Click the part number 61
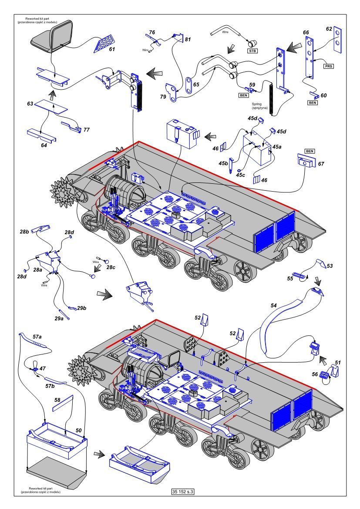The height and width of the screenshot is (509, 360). (x=112, y=50)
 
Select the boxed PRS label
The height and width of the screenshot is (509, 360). (x=329, y=66)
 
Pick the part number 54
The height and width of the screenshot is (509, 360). (x=273, y=306)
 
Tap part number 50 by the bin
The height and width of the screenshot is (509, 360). (x=79, y=430)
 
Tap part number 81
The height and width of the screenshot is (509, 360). (x=188, y=40)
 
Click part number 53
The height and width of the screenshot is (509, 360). (x=329, y=266)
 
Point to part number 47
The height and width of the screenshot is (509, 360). (x=43, y=368)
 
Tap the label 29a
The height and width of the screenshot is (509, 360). (x=59, y=319)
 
